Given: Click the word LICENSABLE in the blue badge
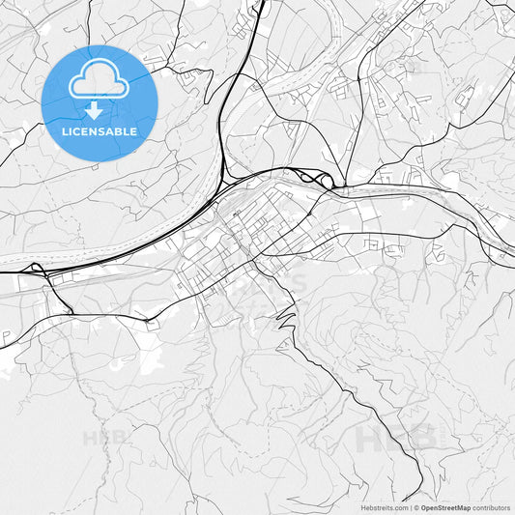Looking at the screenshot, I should click(x=100, y=131).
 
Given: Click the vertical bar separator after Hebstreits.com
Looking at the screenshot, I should click(x=410, y=507).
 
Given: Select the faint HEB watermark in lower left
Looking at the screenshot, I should click(x=105, y=437).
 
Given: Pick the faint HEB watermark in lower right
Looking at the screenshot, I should click(x=396, y=438).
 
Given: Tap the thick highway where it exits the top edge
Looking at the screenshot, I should click(x=263, y=4).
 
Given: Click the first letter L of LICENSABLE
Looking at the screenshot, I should click(x=65, y=131).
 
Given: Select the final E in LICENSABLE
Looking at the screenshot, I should click(x=133, y=131).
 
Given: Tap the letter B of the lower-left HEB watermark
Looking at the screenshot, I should click(x=121, y=437).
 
